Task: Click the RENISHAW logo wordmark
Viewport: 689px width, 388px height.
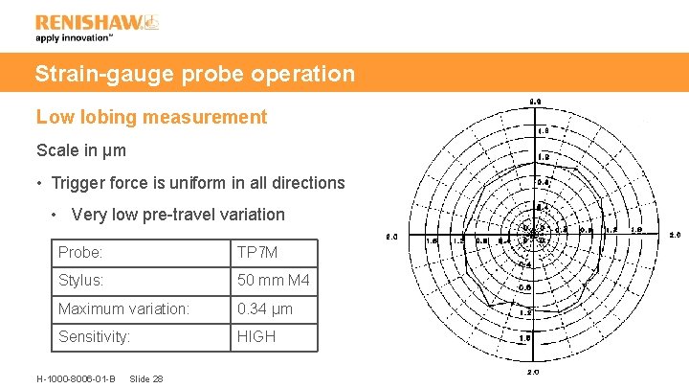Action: (x=89, y=21)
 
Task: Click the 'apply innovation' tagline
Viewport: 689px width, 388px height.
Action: (x=75, y=38)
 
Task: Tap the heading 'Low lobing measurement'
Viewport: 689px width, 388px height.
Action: (x=151, y=117)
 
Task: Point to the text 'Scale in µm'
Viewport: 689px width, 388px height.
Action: (x=81, y=150)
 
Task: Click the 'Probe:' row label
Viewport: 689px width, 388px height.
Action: (x=80, y=253)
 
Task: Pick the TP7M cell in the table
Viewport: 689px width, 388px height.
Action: (x=258, y=253)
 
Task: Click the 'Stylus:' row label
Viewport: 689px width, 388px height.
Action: (x=82, y=281)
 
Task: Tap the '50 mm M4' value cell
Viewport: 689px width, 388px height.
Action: (x=273, y=281)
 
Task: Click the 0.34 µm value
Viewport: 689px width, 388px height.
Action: (x=265, y=308)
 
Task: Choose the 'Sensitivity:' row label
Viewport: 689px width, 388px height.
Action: (x=94, y=337)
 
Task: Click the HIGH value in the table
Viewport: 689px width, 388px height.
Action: (x=256, y=337)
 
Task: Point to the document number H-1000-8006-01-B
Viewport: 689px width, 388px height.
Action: (x=76, y=378)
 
